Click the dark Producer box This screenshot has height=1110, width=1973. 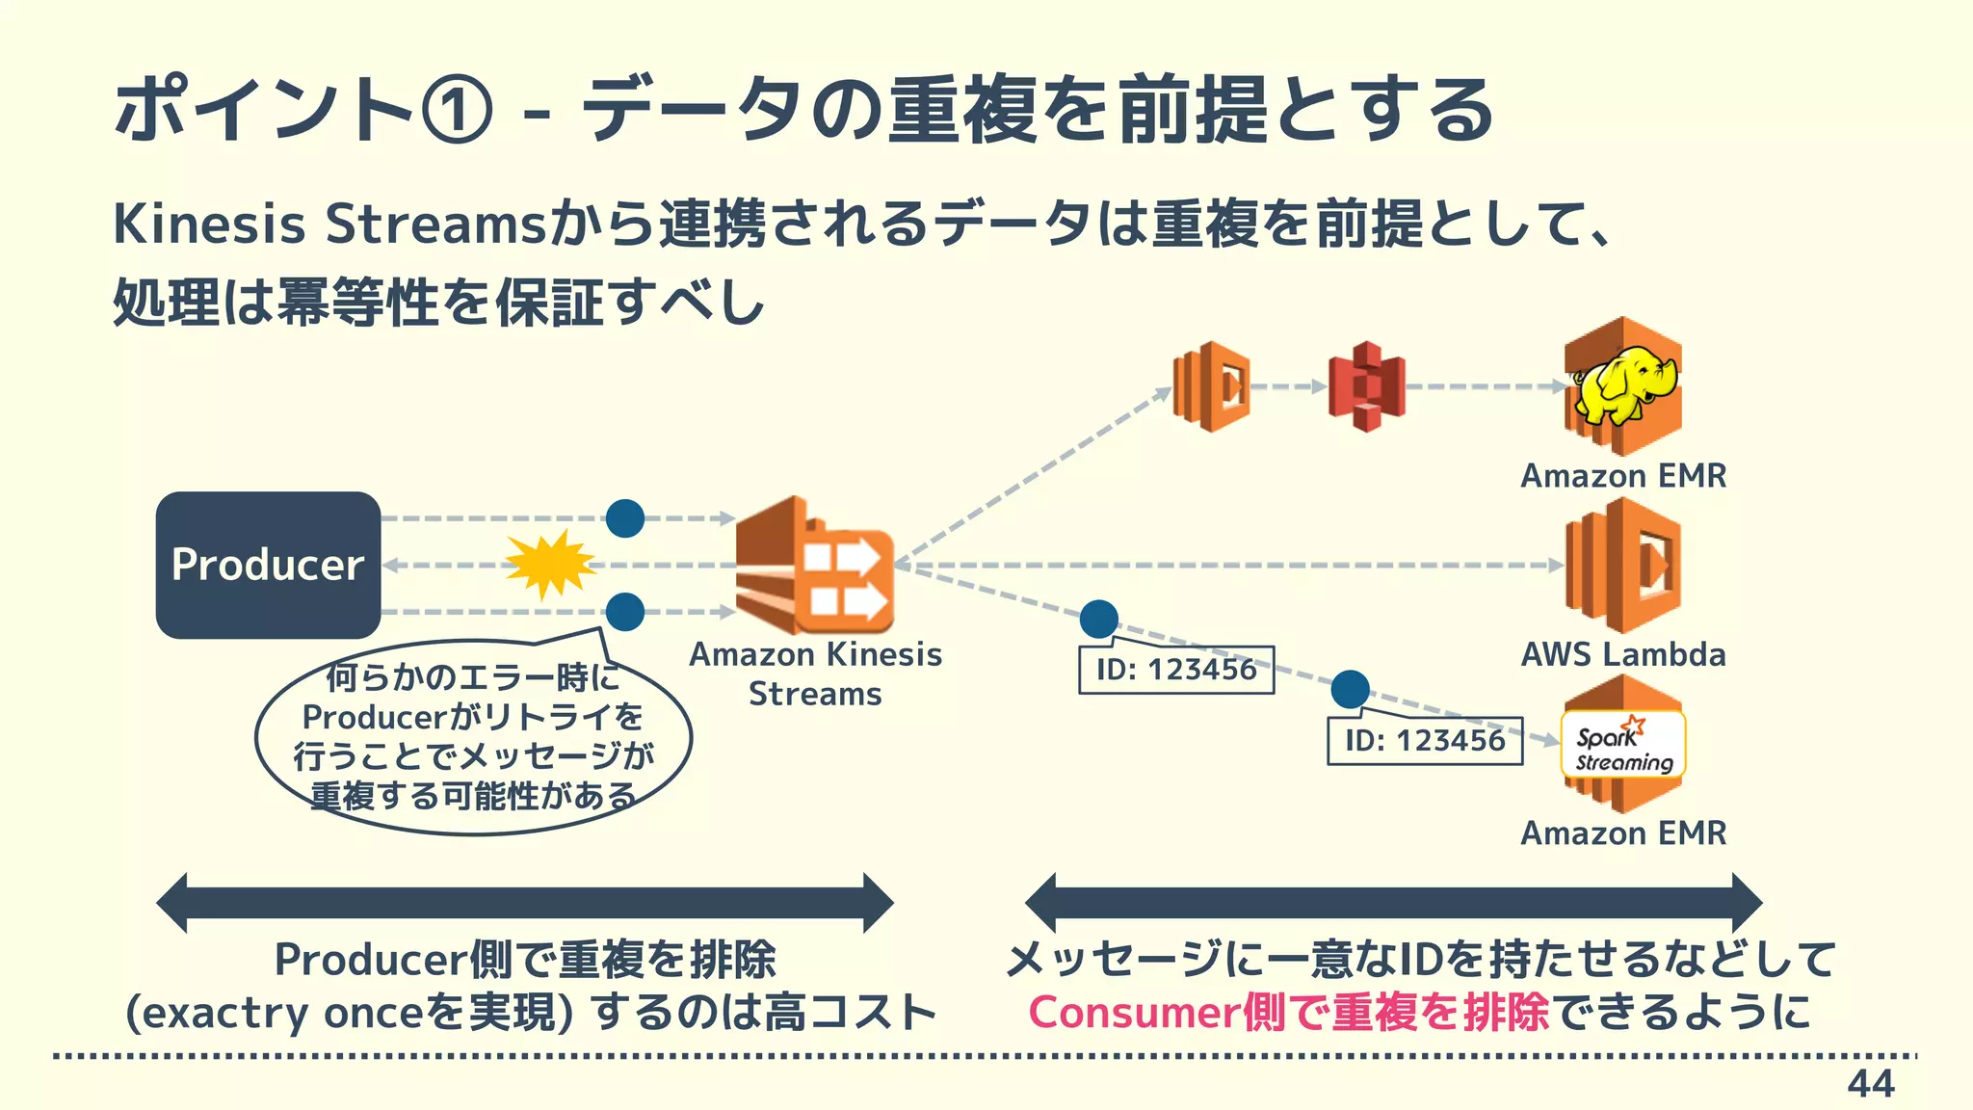(268, 565)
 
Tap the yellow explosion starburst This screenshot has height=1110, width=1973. (550, 564)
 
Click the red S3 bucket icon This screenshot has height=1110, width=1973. (1366, 386)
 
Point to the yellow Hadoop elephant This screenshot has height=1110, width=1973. (1622, 385)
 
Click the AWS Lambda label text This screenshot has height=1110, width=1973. (1623, 655)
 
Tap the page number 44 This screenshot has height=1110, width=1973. (1870, 1084)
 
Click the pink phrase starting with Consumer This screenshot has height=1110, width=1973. (1289, 1012)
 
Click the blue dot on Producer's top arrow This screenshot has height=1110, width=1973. (625, 518)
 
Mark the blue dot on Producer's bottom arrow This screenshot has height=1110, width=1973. (625, 612)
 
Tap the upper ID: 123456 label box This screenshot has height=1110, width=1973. (1176, 670)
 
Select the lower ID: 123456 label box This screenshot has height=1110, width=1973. (1425, 741)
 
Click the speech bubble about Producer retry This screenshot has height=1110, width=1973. (473, 737)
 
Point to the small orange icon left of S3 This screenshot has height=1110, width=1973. (1211, 386)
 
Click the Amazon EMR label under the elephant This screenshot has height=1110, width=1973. (1623, 476)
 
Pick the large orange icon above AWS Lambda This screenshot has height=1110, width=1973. (1623, 565)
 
